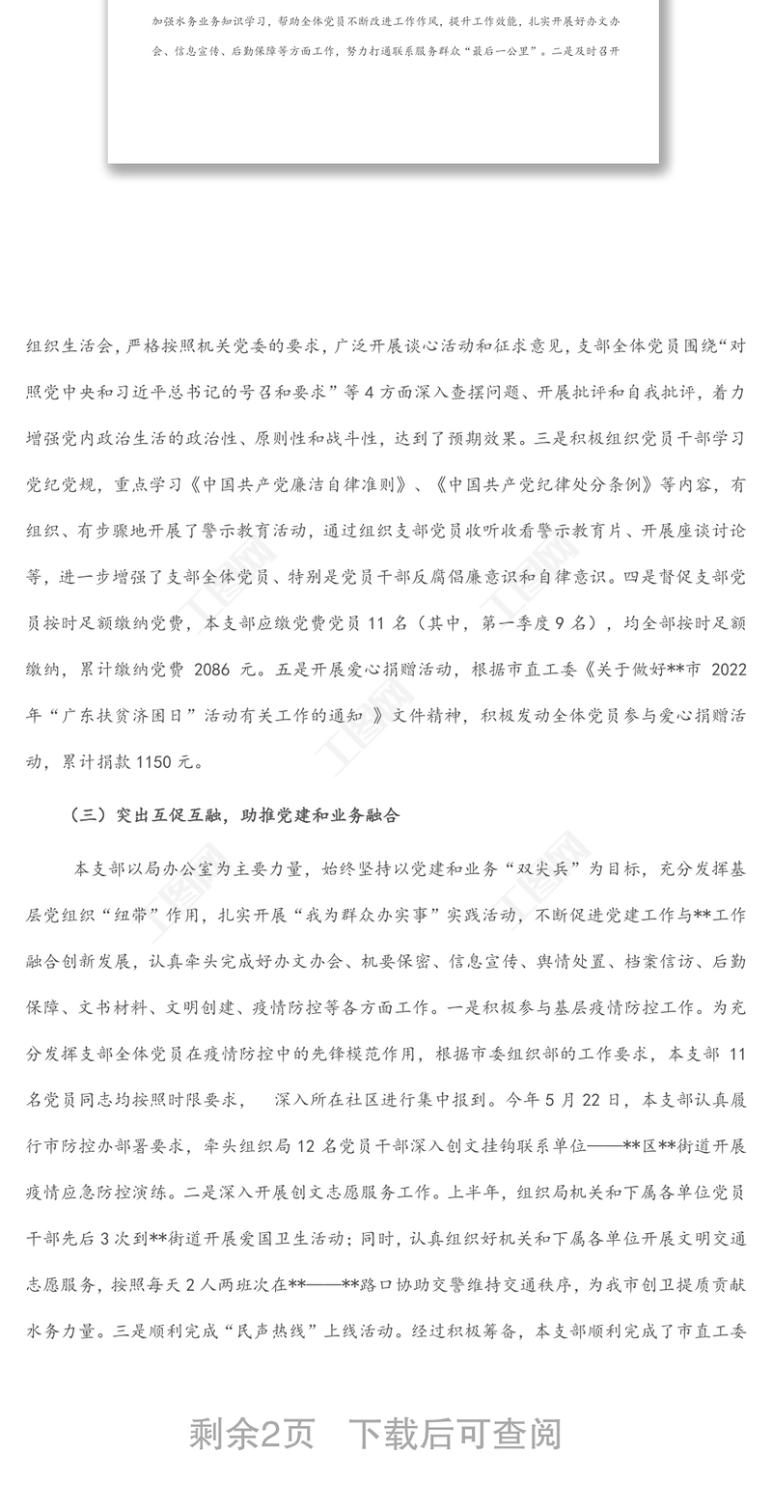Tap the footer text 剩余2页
252,1434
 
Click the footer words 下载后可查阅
455,1434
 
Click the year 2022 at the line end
726,670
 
